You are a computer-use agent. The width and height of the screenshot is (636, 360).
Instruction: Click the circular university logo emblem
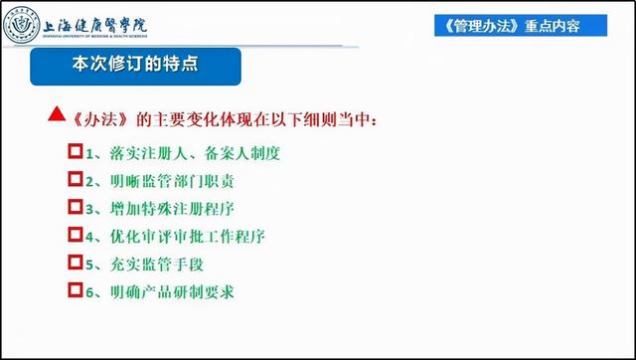click(x=23, y=24)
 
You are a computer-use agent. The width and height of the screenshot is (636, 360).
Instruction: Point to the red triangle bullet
click(x=57, y=119)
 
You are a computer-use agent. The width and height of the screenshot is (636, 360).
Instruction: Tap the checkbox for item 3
click(x=74, y=208)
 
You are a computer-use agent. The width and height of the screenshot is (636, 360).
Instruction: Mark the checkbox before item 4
click(x=74, y=236)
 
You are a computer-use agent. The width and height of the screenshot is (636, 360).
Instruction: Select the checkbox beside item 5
click(x=74, y=264)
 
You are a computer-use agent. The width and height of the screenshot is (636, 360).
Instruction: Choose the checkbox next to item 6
click(x=74, y=291)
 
